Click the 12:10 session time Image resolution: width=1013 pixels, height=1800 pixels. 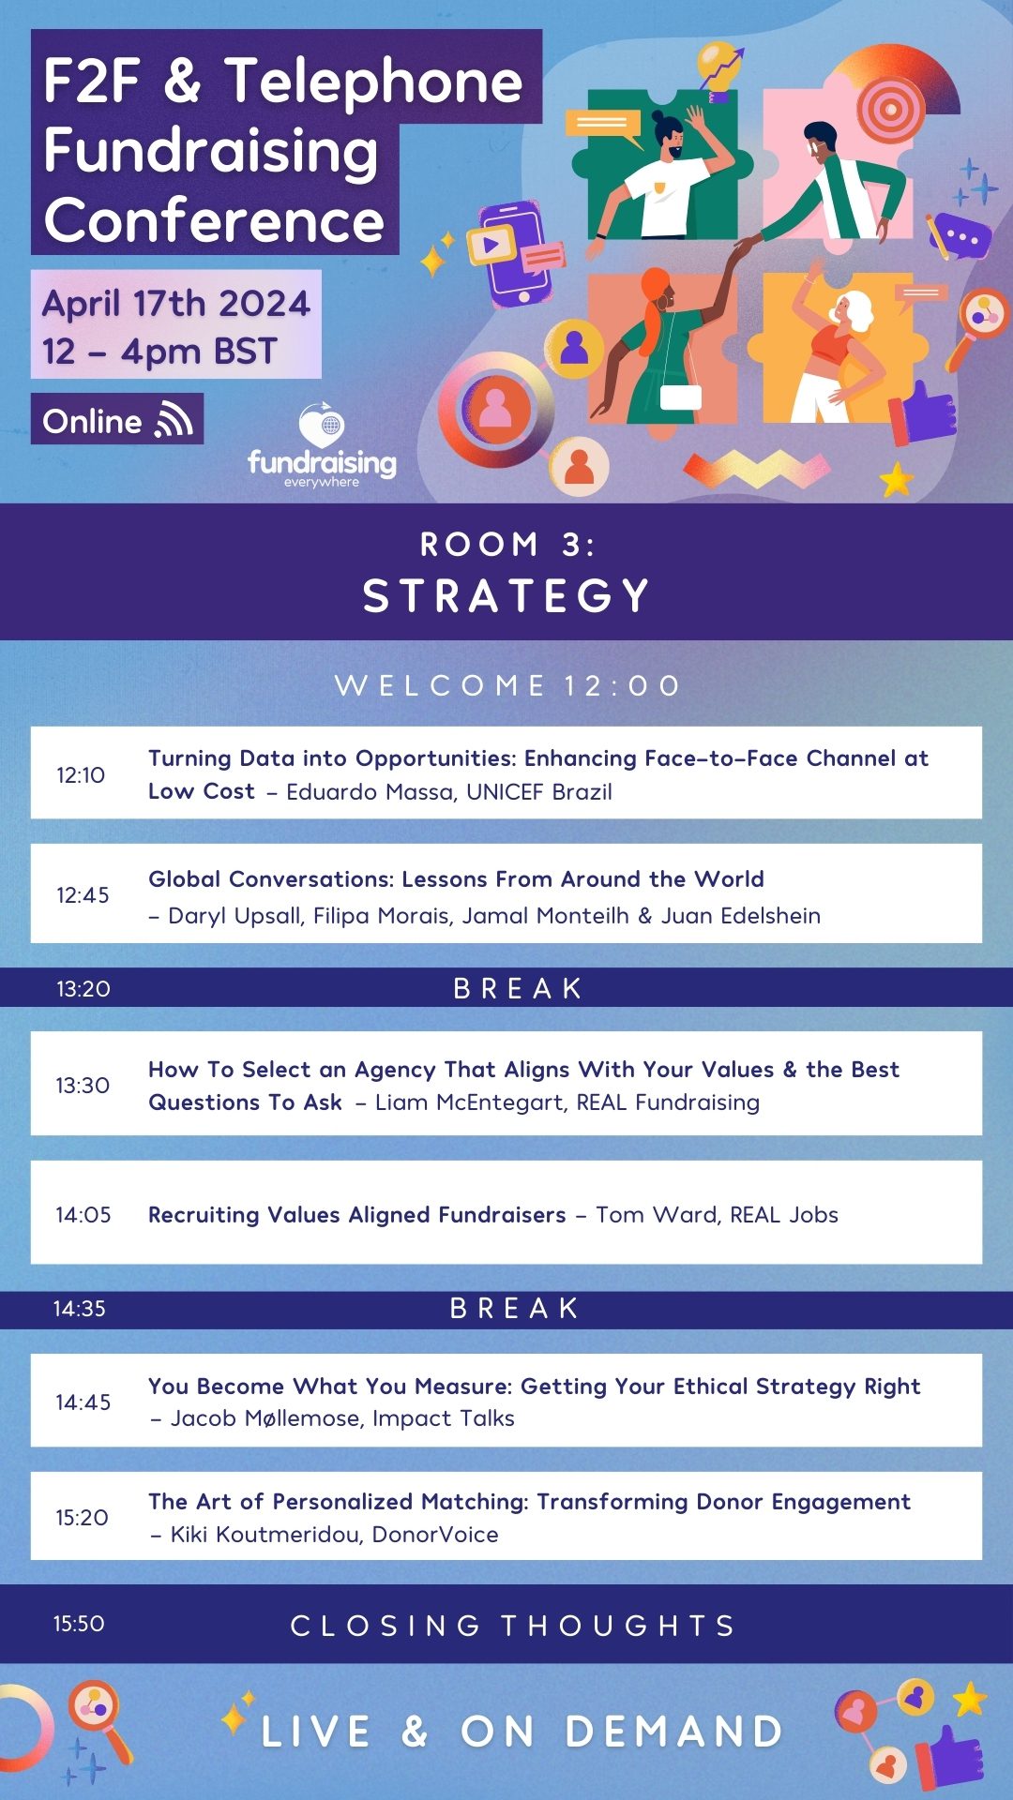point(81,775)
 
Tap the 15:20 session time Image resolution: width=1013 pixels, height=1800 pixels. point(82,1517)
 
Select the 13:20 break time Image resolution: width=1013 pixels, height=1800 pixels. point(83,988)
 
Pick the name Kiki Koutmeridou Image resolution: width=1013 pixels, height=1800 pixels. point(268,1534)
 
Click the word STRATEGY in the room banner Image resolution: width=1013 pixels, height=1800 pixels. point(506,595)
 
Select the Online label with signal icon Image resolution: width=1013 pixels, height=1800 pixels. point(117,419)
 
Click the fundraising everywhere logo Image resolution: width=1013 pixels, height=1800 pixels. point(322,446)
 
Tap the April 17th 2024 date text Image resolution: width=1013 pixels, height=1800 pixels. point(176,303)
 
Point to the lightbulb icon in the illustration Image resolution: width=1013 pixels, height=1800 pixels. point(719,70)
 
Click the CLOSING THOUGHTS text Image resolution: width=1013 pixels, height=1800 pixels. point(513,1625)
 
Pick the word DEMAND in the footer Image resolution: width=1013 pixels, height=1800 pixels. point(673,1732)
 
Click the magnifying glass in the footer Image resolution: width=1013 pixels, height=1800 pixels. point(99,1721)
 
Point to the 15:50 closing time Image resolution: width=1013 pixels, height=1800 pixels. point(79,1623)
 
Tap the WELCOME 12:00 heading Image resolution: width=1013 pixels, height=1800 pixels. point(507,685)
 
